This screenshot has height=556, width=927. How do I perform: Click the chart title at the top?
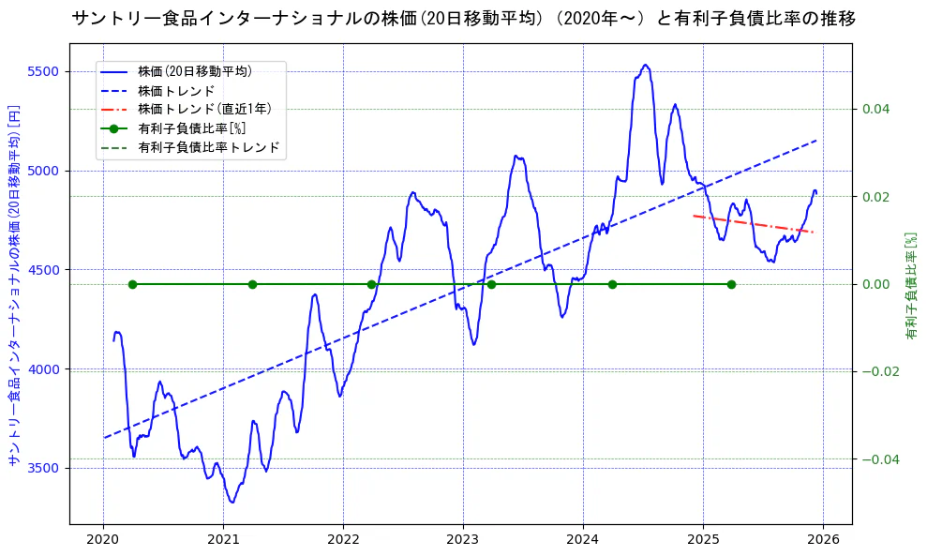tap(463, 19)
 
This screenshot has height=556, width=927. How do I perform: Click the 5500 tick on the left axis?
tap(45, 71)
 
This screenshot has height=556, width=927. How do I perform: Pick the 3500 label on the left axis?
tap(45, 468)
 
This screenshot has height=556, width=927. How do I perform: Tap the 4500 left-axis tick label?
tap(45, 270)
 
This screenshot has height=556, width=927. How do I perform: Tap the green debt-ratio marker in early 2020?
tap(132, 284)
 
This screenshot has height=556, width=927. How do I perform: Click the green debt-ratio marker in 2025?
tap(731, 284)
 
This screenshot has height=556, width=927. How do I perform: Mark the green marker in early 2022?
tap(371, 284)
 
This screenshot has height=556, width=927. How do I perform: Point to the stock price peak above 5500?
tap(645, 65)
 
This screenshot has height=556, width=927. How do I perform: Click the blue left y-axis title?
tap(14, 285)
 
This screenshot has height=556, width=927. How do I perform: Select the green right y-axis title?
tap(910, 285)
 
